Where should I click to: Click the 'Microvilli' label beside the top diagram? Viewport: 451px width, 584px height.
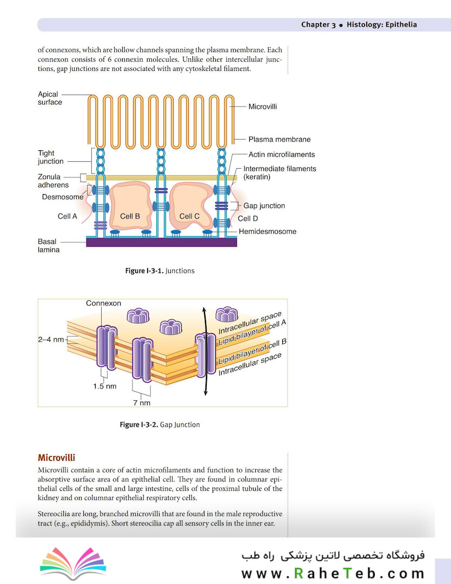click(262, 107)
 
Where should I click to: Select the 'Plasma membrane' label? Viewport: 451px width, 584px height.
click(279, 140)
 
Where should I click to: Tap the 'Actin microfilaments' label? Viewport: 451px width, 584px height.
click(281, 155)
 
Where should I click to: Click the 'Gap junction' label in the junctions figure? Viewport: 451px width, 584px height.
click(264, 206)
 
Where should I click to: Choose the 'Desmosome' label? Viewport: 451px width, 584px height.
click(63, 197)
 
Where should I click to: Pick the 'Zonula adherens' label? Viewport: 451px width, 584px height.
click(53, 181)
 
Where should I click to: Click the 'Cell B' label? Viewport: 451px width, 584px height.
click(130, 216)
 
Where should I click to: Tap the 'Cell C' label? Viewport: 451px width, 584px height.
click(189, 216)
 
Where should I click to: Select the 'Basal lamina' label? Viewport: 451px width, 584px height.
click(48, 246)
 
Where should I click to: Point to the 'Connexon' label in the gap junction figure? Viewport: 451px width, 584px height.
click(103, 303)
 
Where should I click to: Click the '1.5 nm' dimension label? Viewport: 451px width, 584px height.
click(104, 386)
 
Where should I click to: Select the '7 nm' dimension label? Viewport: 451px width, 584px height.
click(142, 403)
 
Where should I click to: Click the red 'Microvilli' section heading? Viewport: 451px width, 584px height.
click(56, 458)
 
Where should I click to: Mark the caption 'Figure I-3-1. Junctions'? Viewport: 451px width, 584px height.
click(160, 271)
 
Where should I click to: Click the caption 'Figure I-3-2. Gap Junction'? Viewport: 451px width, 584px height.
click(160, 425)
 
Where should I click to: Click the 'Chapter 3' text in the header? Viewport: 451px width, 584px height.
click(318, 25)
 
